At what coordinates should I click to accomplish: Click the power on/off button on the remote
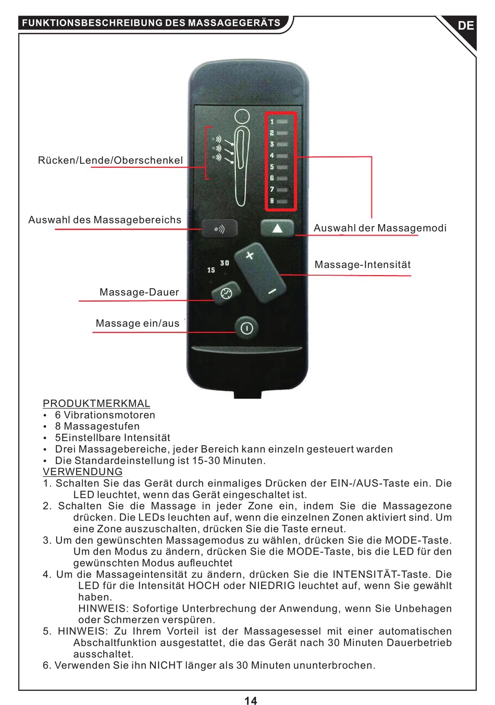tap(246, 328)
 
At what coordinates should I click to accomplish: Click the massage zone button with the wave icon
tap(219, 229)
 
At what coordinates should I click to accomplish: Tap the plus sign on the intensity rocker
tap(250, 255)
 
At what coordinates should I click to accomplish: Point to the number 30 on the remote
tap(225, 263)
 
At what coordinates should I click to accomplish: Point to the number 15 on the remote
tap(211, 270)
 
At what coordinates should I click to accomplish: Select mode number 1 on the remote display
tap(272, 122)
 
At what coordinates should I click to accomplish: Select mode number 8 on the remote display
tap(272, 201)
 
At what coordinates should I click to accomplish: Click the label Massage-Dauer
tap(139, 292)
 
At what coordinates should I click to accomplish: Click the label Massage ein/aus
tap(138, 324)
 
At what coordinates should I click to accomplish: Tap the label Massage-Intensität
tap(363, 265)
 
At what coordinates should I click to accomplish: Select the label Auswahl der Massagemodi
tap(380, 228)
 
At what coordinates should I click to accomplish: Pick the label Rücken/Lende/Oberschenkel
tap(110, 160)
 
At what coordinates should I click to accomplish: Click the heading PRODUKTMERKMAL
tap(96, 403)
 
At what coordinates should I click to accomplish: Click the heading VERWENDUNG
tap(83, 472)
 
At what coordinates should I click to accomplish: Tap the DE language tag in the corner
tap(466, 25)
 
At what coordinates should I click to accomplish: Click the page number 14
tap(251, 701)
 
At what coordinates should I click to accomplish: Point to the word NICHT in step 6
tap(166, 665)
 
